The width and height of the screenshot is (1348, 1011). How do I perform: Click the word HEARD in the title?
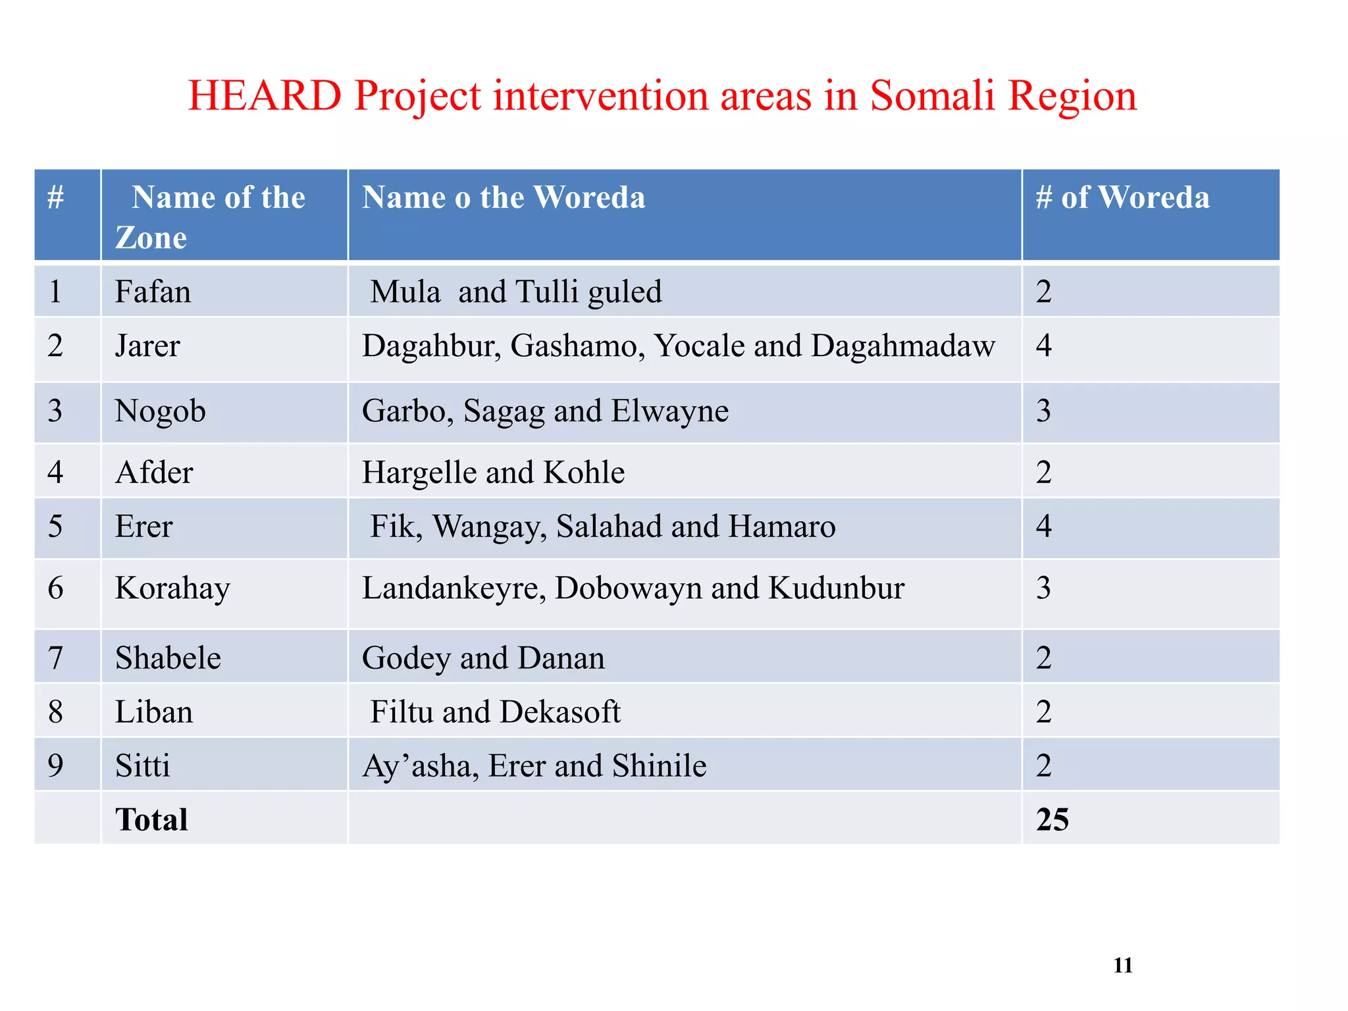click(265, 96)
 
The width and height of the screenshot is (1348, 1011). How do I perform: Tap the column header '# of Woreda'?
click(1122, 197)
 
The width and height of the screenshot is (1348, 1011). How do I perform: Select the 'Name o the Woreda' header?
click(504, 197)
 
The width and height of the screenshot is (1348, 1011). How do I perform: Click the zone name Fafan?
click(153, 292)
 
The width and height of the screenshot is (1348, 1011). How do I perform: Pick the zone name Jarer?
click(147, 346)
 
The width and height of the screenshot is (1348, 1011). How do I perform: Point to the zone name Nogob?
click(160, 411)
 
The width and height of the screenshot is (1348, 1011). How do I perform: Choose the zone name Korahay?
click(172, 588)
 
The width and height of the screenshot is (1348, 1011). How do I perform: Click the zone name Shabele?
click(168, 658)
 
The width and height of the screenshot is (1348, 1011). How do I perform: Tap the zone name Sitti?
click(142, 766)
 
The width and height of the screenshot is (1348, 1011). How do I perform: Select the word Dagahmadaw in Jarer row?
click(903, 346)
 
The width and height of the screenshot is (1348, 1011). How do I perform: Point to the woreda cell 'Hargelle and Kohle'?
click(493, 473)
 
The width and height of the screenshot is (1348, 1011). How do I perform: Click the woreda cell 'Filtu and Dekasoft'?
click(495, 712)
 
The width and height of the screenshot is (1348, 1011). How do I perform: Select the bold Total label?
click(151, 820)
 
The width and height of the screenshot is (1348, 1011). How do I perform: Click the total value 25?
click(1052, 820)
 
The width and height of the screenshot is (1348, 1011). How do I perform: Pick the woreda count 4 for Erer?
click(1043, 527)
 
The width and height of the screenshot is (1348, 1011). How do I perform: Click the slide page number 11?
click(1122, 966)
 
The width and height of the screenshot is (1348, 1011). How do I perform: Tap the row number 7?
click(56, 658)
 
